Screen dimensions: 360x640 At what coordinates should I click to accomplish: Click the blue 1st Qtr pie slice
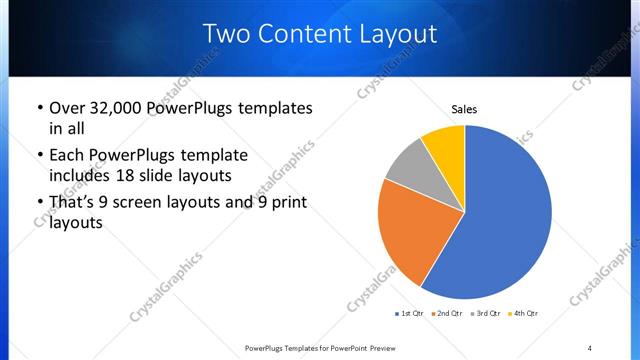[505, 220]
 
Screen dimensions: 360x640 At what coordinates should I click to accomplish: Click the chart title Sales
[464, 108]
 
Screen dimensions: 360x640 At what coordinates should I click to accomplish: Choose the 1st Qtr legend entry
[410, 314]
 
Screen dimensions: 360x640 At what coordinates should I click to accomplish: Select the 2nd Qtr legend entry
[448, 314]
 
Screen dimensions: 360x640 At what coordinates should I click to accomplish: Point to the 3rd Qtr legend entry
[486, 314]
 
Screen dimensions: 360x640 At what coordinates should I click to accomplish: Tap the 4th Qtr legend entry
[524, 314]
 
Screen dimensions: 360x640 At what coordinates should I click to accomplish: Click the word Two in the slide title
[227, 34]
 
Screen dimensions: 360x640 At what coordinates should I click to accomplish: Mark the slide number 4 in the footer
[590, 348]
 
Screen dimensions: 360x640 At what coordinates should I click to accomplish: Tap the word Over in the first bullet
[67, 108]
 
